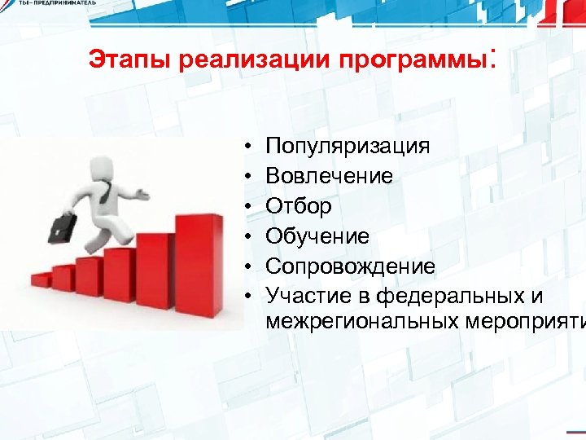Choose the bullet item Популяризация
click(348, 146)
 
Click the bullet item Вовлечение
click(329, 176)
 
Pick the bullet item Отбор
click(299, 206)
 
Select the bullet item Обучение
click(317, 236)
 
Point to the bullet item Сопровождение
click(350, 266)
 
